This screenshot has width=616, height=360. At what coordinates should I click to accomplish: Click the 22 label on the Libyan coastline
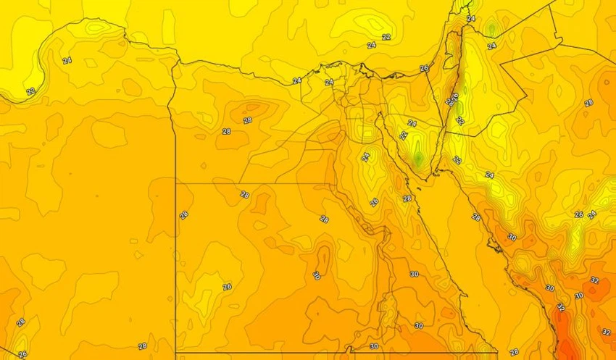point(30,92)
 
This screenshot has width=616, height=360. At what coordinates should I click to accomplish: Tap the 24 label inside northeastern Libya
point(67,61)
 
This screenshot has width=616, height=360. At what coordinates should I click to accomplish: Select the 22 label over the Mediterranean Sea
point(386,37)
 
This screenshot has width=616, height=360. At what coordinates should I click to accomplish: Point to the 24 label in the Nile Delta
point(330,83)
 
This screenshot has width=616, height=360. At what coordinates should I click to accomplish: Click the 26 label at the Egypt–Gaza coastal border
point(424,68)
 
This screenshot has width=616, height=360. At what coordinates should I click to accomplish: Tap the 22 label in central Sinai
point(404,135)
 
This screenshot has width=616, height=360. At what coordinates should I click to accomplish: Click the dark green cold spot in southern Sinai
point(418,155)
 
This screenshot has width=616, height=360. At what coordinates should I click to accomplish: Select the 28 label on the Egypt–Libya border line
point(183,214)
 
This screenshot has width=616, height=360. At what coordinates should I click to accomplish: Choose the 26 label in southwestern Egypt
point(227,287)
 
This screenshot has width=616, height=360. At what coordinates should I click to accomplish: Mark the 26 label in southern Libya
point(22,354)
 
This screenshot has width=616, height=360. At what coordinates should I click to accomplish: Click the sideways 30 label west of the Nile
point(316,275)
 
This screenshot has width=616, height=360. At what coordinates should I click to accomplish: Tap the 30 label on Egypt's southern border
point(374,346)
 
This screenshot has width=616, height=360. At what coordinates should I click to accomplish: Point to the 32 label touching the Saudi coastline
point(560,306)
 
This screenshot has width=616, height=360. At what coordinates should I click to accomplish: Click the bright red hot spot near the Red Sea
point(566,340)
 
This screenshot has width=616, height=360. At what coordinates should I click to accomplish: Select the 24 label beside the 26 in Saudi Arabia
point(592,214)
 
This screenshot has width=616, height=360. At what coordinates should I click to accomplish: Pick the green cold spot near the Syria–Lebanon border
point(491,30)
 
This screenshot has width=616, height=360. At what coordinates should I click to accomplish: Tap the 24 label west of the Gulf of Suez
point(366,156)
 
